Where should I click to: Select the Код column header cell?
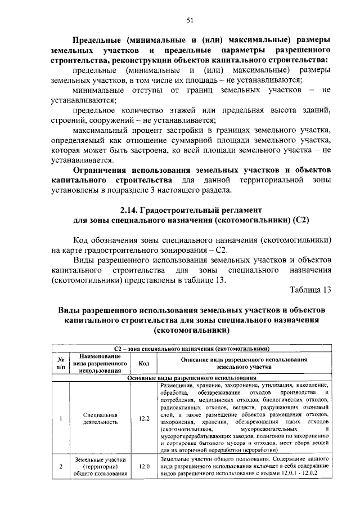click(143, 364)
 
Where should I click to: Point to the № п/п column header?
click(60, 364)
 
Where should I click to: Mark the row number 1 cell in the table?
click(60, 419)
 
